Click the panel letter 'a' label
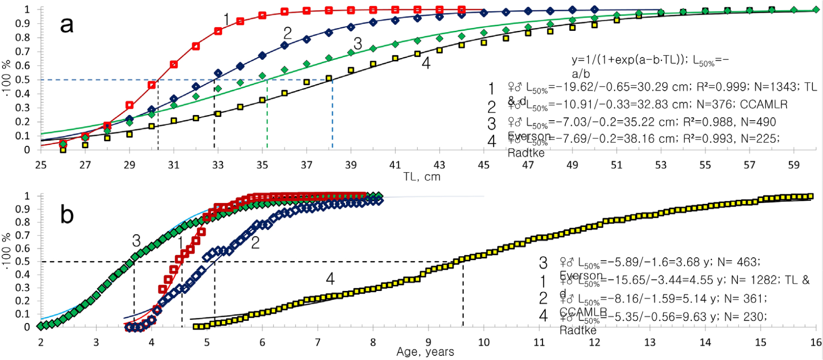[x=67, y=25]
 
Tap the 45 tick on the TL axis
[x=484, y=165]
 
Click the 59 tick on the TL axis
[x=794, y=165]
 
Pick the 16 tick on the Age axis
[x=816, y=343]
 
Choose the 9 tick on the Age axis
[x=428, y=343]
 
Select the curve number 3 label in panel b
[x=136, y=241]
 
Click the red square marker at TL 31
[x=174, y=64]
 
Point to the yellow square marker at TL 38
[x=329, y=78]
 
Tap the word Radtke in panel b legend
[x=578, y=330]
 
